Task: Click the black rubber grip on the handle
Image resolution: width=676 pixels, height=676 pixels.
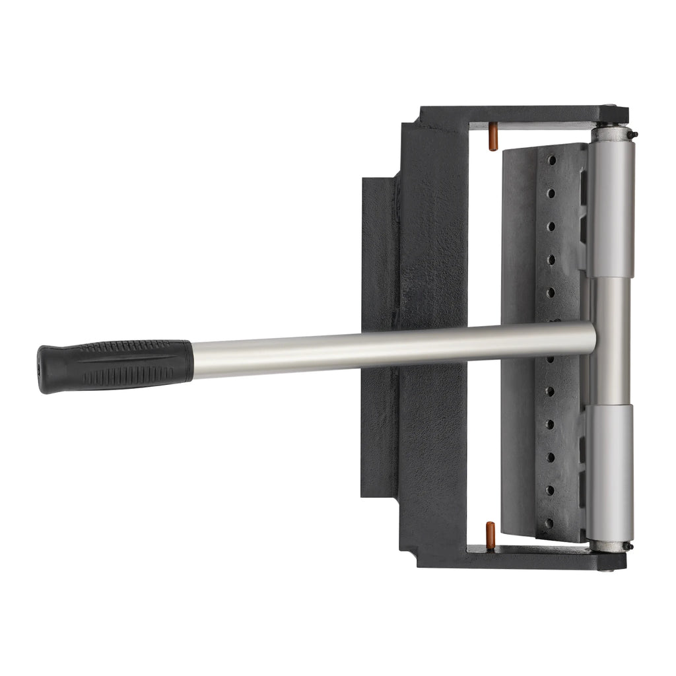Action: [x=119, y=366]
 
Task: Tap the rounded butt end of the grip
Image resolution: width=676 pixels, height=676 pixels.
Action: [x=44, y=369]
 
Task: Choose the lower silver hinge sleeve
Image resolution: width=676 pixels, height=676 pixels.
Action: [x=611, y=472]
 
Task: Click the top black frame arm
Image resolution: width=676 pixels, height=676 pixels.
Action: [x=515, y=114]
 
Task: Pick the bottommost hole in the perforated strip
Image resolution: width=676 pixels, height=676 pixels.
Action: [x=549, y=523]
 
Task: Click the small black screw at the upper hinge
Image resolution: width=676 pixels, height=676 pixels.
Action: [x=635, y=135]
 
